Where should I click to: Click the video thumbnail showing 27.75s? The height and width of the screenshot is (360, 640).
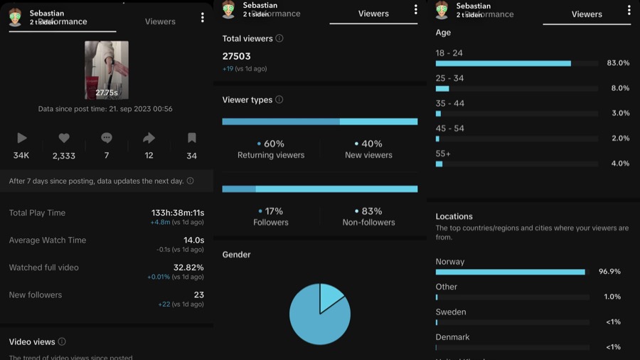point(107,70)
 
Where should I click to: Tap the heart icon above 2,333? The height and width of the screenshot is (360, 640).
point(64,138)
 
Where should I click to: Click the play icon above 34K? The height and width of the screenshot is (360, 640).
point(21,138)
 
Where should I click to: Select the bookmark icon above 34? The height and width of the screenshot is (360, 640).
point(191,138)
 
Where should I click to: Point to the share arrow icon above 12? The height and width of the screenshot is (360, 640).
point(149,138)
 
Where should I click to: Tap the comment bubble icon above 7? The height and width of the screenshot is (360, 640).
point(107,138)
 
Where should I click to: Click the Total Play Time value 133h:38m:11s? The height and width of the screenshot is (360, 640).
point(178,213)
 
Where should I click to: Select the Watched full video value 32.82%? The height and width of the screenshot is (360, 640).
point(188,268)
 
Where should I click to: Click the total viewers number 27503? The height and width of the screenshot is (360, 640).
point(237,56)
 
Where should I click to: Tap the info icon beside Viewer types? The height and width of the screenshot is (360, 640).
point(279,100)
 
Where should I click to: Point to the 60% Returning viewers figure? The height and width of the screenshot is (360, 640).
point(271,144)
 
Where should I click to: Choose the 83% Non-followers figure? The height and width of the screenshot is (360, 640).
point(368,211)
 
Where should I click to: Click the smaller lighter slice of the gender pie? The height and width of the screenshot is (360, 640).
point(331,295)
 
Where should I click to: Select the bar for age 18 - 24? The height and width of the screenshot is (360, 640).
point(503,63)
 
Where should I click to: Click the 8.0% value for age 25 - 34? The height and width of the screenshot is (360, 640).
point(618,88)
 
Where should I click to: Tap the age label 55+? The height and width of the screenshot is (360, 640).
point(443,154)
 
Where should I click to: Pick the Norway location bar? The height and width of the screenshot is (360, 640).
point(510,272)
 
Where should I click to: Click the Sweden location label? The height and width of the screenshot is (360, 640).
point(451,312)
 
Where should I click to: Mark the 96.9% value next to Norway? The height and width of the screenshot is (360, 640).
point(609,272)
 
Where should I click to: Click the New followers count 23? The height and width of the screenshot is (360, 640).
point(198,295)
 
